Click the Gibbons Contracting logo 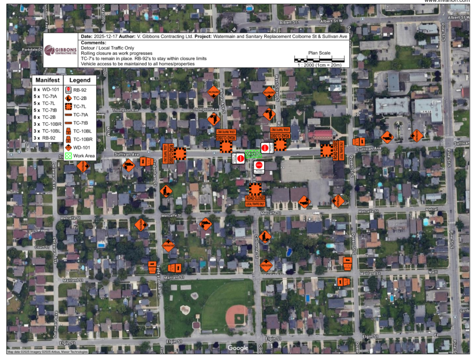(61, 50)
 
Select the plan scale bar (319, 60)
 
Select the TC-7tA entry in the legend (79, 115)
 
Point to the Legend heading (80, 80)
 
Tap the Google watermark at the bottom (238, 348)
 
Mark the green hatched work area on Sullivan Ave (252, 153)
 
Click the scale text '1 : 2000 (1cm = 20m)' (319, 66)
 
